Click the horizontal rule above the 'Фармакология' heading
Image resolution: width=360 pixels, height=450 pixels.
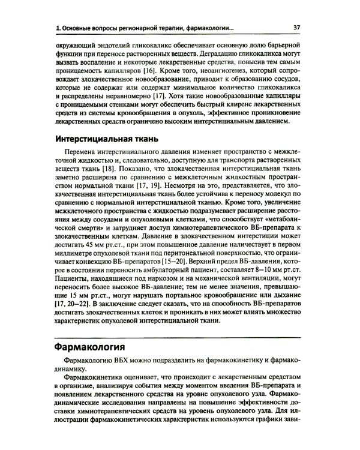point(180,337)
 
